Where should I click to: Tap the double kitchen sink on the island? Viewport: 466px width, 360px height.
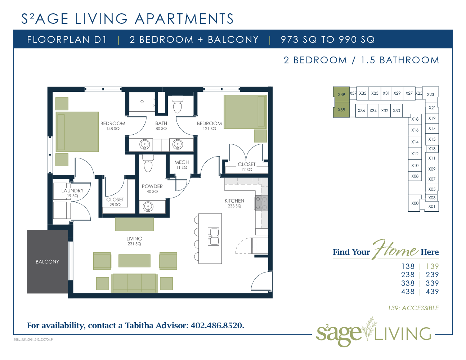pyautogui.click(x=214, y=237)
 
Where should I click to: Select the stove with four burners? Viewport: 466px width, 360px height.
pyautogui.click(x=261, y=203)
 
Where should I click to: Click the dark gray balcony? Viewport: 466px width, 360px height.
pyautogui.click(x=48, y=261)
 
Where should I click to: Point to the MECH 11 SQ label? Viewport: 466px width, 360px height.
pyautogui.click(x=182, y=165)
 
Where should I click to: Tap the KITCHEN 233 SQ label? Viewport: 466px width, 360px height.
pyautogui.click(x=234, y=203)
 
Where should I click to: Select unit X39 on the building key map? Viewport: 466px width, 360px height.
pyautogui.click(x=341, y=94)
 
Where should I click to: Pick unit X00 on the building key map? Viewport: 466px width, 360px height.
pyautogui.click(x=415, y=203)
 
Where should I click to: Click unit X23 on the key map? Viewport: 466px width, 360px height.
pyautogui.click(x=430, y=94)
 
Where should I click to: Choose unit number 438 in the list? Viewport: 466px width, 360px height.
pyautogui.click(x=408, y=292)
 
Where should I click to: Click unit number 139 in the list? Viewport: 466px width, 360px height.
pyautogui.click(x=433, y=266)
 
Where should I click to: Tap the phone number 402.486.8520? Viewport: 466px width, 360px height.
pyautogui.click(x=217, y=325)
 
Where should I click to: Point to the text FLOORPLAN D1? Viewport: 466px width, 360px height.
pyautogui.click(x=67, y=40)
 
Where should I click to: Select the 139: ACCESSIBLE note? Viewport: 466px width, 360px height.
pyautogui.click(x=413, y=308)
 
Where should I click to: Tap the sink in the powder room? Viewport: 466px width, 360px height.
pyautogui.click(x=148, y=207)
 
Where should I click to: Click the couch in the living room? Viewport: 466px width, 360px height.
pyautogui.click(x=134, y=283)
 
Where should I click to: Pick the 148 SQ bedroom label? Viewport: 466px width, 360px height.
pyautogui.click(x=113, y=129)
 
